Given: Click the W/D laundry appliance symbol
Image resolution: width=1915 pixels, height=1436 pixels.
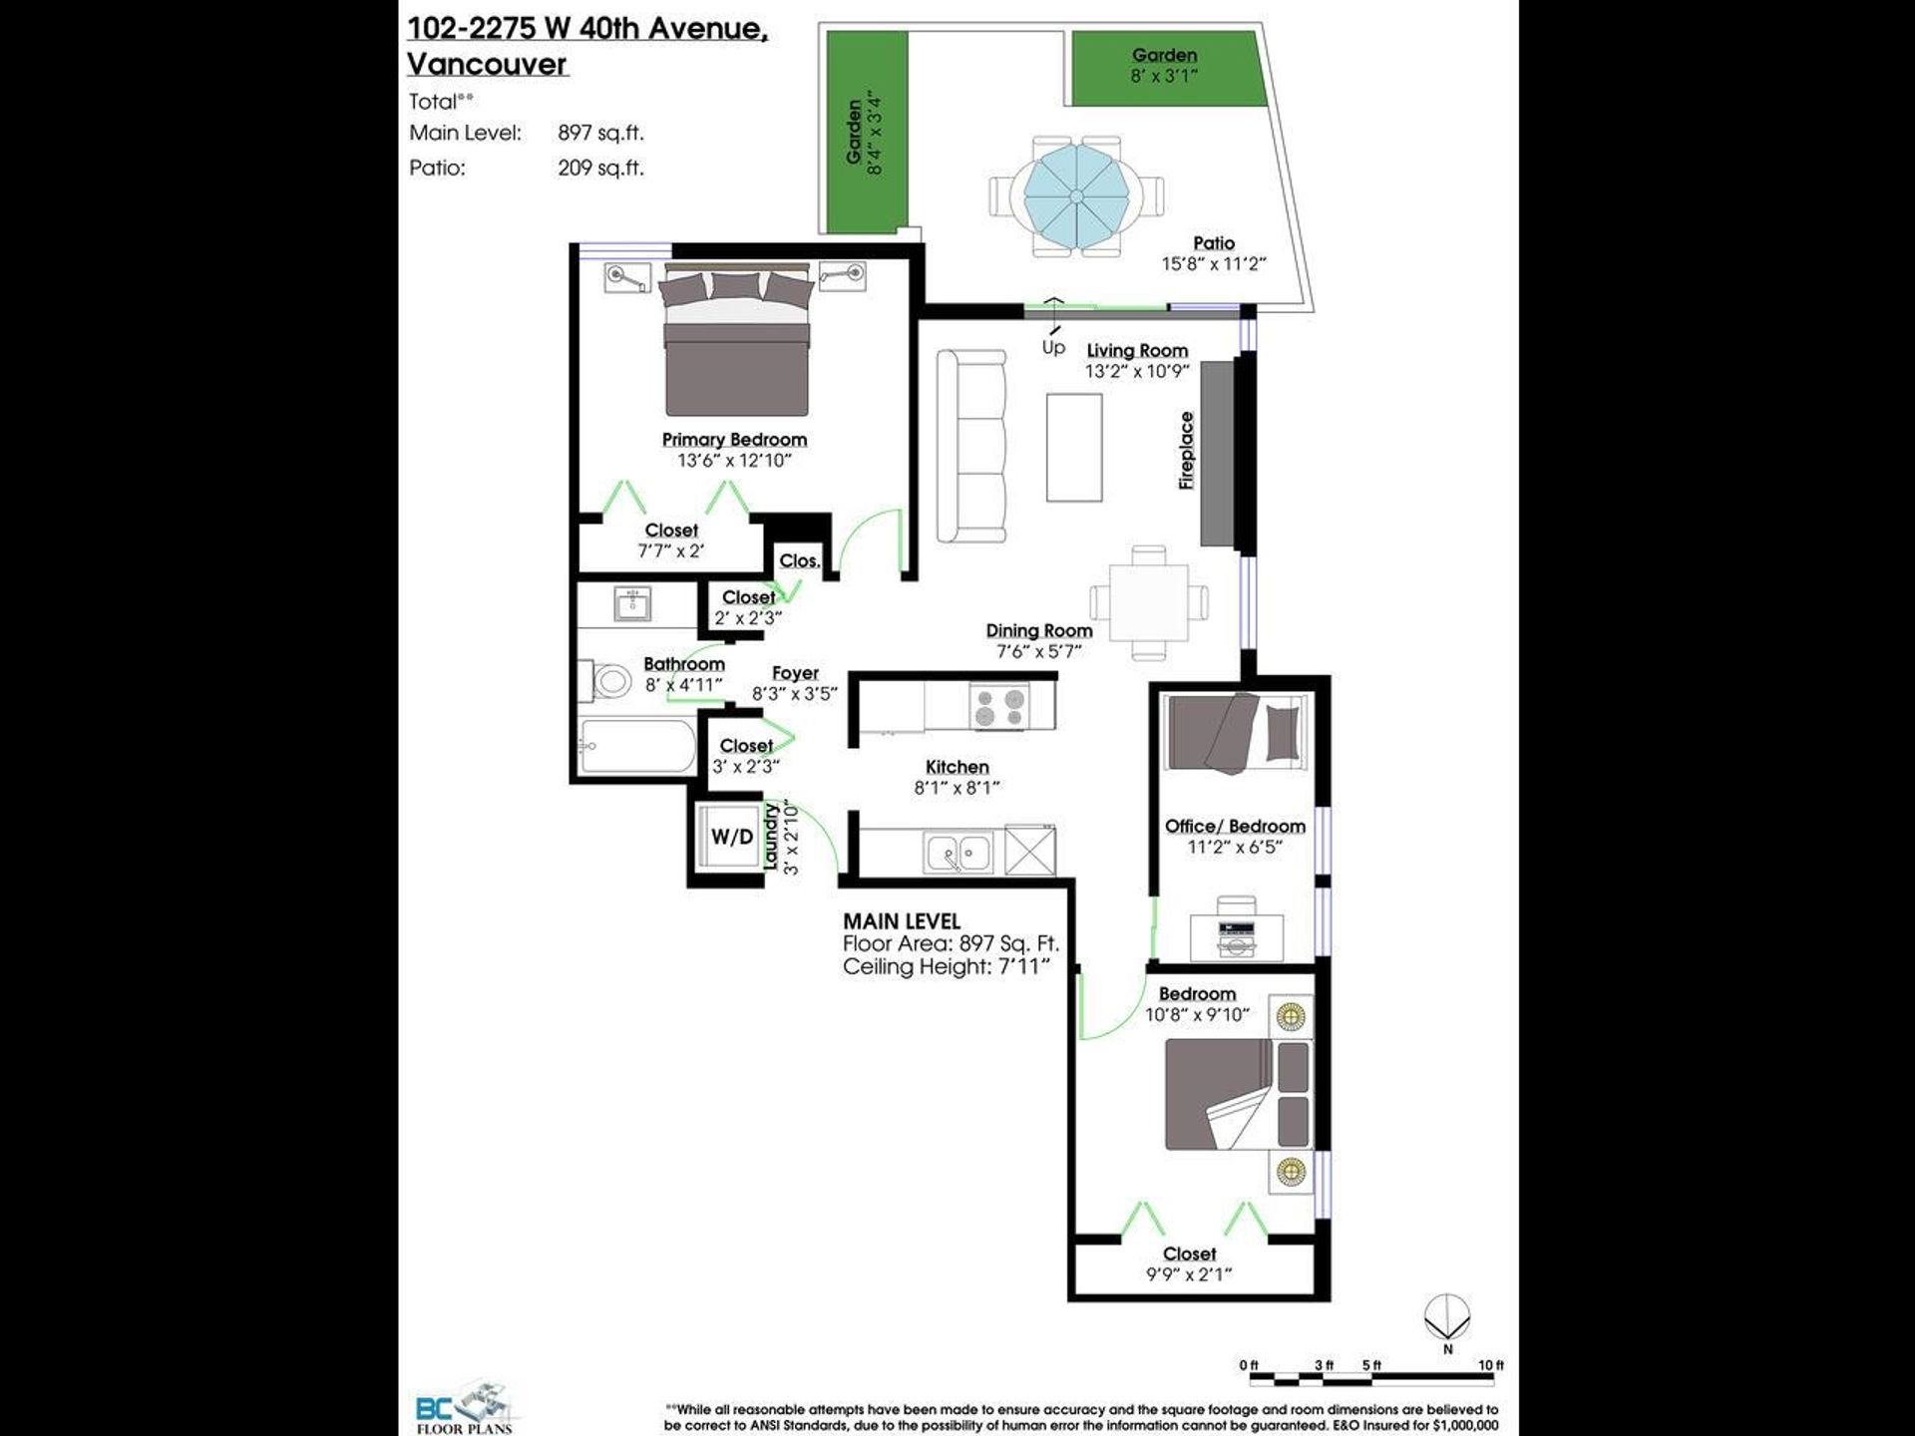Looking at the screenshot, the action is click(x=731, y=836).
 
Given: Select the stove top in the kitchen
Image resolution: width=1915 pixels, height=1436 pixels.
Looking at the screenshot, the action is click(x=998, y=706).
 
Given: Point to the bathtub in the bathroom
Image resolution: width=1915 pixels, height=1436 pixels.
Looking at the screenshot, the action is click(x=637, y=747).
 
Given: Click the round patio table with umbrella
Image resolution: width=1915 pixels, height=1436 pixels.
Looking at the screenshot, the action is click(x=1077, y=196).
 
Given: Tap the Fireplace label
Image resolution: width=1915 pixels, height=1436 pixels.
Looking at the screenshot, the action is click(x=1186, y=450).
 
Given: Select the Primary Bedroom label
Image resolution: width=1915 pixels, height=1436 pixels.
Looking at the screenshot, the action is click(x=734, y=440).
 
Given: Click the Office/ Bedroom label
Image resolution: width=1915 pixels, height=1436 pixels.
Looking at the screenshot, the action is click(x=1235, y=826).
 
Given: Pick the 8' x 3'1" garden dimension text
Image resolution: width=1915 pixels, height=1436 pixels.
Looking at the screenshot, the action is click(x=1164, y=76).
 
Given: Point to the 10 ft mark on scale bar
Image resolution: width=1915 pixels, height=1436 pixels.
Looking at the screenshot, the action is click(x=1491, y=1365).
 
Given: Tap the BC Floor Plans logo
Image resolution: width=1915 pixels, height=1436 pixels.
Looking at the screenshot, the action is click(x=465, y=1407).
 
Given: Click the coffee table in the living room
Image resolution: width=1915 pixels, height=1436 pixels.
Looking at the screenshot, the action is click(x=1074, y=447).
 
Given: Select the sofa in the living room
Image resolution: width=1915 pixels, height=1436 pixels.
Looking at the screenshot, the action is click(x=970, y=446).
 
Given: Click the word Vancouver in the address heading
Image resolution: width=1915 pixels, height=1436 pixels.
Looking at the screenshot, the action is click(x=487, y=64).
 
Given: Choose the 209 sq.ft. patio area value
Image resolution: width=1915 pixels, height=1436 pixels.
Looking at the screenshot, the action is click(x=600, y=168).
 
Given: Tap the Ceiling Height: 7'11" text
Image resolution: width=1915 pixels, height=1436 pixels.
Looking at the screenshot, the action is click(x=947, y=966).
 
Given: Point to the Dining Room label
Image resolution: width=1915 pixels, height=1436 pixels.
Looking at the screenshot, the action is click(x=1039, y=630).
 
